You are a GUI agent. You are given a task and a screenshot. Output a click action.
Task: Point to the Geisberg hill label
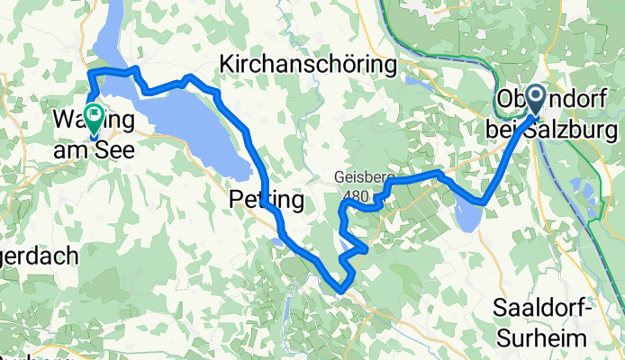point(358,178)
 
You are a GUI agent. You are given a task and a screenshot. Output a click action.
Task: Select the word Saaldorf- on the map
point(541,309)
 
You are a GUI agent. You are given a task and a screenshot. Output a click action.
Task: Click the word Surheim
point(541,337)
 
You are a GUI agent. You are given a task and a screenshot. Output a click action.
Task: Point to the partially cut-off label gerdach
point(40,256)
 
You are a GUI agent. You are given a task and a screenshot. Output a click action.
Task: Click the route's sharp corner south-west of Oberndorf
point(485,202)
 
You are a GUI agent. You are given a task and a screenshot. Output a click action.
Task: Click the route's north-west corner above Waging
point(89,71)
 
